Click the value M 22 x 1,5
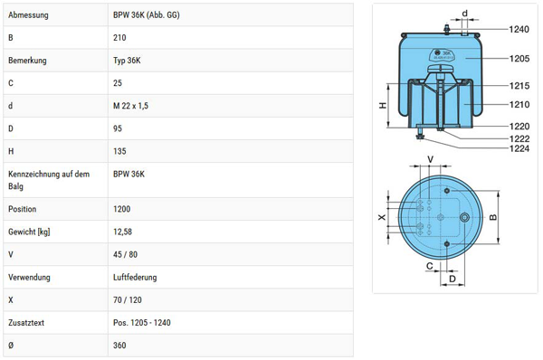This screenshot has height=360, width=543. point(130,106)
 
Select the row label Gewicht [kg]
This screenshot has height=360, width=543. point(29,232)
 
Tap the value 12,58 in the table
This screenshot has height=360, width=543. point(122,232)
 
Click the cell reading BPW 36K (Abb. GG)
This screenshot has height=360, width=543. point(146,14)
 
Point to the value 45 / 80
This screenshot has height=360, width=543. point(125,254)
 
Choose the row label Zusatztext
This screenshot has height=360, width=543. point(26,323)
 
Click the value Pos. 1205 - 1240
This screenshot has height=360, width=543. point(142,323)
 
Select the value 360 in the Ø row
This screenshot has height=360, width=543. point(119,346)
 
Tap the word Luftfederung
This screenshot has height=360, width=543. point(135,278)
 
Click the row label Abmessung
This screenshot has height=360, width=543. point(28,14)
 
